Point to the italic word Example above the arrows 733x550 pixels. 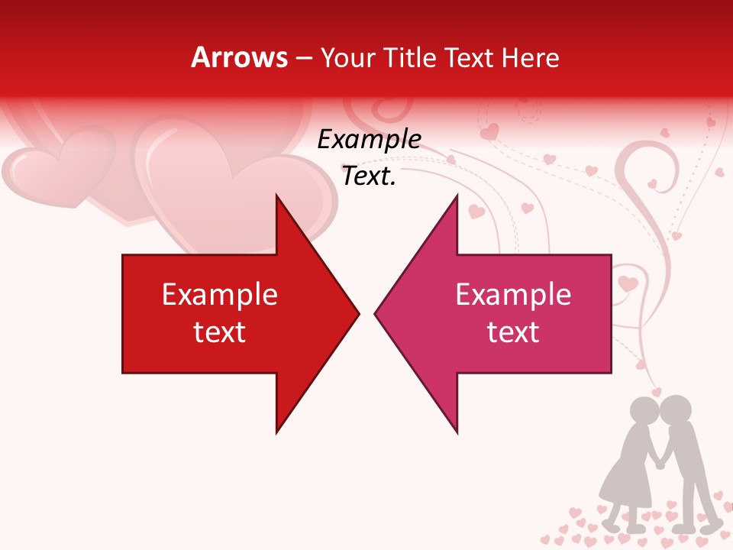[x=369, y=140]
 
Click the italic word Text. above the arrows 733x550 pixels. [x=369, y=176]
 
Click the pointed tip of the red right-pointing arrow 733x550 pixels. [x=357, y=313]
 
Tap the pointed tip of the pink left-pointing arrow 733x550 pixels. [x=376, y=313]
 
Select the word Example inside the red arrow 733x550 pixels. [x=220, y=295]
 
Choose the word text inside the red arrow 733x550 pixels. [x=220, y=332]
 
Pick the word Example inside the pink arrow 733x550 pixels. [x=513, y=295]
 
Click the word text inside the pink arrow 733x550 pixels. [x=513, y=332]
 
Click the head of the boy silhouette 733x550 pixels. [x=675, y=412]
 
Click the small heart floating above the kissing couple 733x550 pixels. [x=657, y=391]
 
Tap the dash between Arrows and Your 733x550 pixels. [x=303, y=58]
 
